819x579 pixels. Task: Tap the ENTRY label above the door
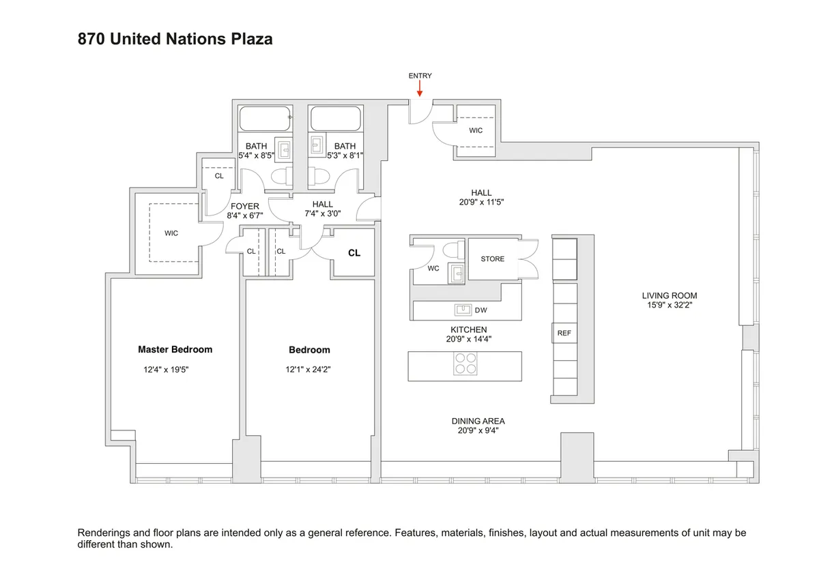[420, 76]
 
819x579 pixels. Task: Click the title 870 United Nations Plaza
[175, 39]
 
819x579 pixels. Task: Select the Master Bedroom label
[175, 349]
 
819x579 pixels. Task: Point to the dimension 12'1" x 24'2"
[309, 370]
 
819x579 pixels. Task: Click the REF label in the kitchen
[564, 333]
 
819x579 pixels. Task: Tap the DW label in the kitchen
[481, 311]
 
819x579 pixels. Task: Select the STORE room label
[492, 259]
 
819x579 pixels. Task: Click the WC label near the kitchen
[433, 268]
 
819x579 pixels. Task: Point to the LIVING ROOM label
[669, 295]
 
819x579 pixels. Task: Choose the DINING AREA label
[478, 421]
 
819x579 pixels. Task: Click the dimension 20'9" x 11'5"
[481, 202]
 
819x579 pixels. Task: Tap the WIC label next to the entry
[476, 130]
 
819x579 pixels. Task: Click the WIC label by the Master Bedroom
[171, 233]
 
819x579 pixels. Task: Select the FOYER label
[245, 206]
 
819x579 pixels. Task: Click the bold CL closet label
[354, 253]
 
